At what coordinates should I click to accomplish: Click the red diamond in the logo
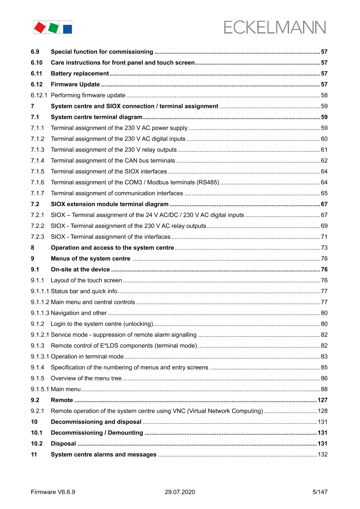(40, 27)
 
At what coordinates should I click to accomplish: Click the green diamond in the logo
(53, 28)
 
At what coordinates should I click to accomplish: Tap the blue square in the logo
(67, 29)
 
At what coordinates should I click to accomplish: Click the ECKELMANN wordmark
(275, 27)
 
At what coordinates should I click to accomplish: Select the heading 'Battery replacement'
(80, 74)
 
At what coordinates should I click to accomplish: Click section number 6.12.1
(39, 95)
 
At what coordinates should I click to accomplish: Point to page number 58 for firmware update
(324, 95)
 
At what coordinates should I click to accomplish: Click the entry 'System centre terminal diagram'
(97, 117)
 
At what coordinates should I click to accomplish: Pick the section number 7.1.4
(37, 161)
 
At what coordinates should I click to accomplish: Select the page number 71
(324, 237)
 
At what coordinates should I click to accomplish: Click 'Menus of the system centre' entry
(91, 259)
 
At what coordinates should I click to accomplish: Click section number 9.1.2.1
(40, 335)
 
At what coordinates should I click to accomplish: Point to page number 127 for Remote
(322, 400)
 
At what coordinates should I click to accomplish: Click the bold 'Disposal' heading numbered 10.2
(63, 444)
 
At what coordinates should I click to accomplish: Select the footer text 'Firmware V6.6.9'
(53, 492)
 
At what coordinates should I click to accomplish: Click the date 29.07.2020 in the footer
(180, 492)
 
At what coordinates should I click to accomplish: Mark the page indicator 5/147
(320, 492)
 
